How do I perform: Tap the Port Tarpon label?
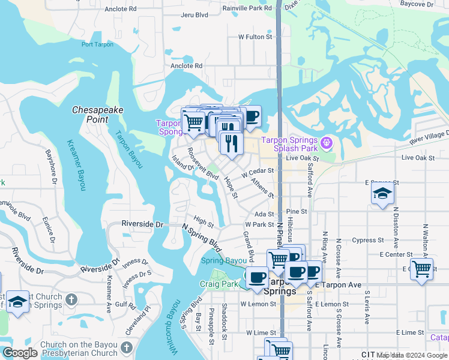(x=97, y=44)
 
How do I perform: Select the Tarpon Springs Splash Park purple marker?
(x=326, y=143)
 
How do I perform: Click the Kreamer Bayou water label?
(x=76, y=166)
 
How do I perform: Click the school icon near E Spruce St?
(x=381, y=194)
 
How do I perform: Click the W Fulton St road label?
(x=256, y=37)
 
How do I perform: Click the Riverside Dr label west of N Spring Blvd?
(x=142, y=224)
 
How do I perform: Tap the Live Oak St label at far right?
(x=417, y=157)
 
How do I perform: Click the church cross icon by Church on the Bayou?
(x=127, y=347)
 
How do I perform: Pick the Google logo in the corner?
(x=20, y=353)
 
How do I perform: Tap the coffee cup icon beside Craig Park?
(x=258, y=278)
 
